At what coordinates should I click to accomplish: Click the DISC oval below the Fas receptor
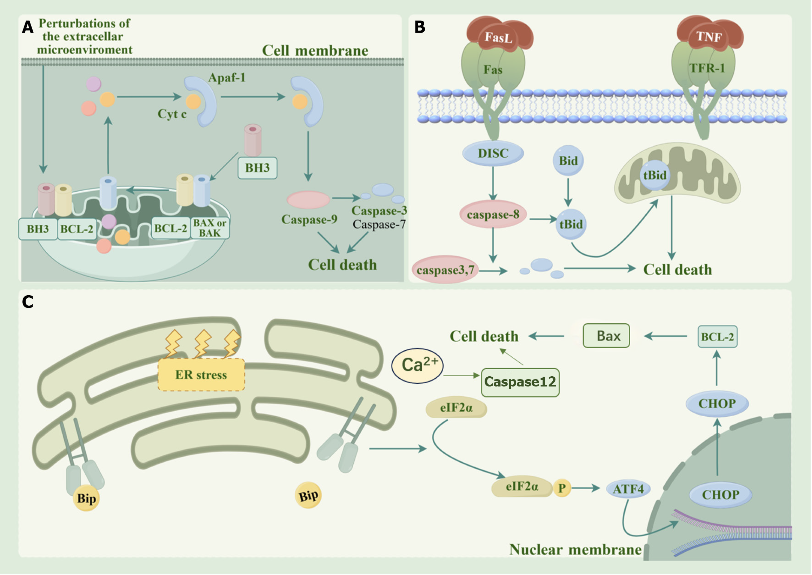493,153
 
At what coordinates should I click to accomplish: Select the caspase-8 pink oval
493,214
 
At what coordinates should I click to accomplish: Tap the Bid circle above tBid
568,161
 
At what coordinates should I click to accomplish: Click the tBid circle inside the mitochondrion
654,175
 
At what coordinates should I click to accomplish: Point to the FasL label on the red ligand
498,37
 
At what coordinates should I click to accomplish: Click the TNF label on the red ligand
708,37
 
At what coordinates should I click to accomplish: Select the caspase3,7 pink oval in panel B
445,270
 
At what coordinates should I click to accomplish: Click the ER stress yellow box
201,375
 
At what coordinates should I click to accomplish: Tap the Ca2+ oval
418,365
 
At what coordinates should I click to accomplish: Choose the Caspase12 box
520,382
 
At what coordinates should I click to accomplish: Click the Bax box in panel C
606,336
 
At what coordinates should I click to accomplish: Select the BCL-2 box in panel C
717,336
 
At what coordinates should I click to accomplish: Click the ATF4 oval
628,489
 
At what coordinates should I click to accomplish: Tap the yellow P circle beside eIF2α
562,488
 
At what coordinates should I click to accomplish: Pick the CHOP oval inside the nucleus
720,495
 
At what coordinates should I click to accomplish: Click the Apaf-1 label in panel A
227,78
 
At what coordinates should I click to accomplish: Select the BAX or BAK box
209,228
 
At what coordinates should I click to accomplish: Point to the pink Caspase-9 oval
308,199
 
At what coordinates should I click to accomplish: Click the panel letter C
28,302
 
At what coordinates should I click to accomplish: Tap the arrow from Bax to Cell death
546,336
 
